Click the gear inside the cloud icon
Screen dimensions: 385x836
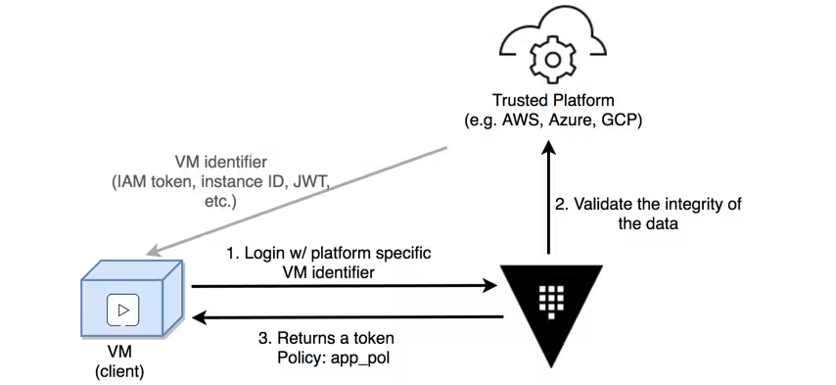pyautogui.click(x=552, y=58)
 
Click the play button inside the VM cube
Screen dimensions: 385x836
pyautogui.click(x=128, y=312)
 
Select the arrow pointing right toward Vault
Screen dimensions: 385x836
pyautogui.click(x=343, y=286)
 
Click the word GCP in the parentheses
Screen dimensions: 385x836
pyautogui.click(x=617, y=120)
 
